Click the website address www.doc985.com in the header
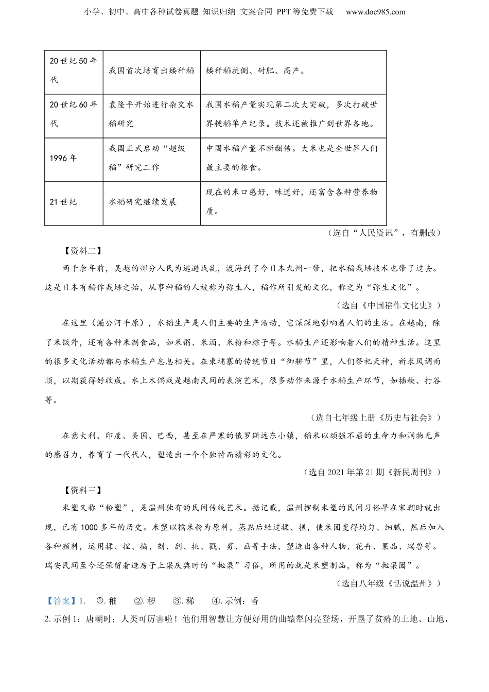coord(375,12)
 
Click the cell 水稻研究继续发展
coord(143,202)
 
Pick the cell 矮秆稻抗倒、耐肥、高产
coord(256,71)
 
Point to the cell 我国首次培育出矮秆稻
coord(151,71)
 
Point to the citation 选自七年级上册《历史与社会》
coord(376,418)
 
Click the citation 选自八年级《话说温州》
coord(389,583)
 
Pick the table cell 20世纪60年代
coord(73,114)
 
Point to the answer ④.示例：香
coord(235,601)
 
